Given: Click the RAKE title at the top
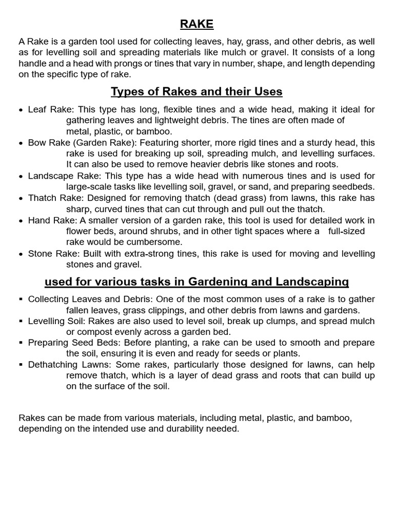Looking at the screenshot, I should pyautogui.click(x=196, y=24).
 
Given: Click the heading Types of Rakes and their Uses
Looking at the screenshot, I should pyautogui.click(x=196, y=92).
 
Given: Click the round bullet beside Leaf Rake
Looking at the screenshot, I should pyautogui.click(x=21, y=110).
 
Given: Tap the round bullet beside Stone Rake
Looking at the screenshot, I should pyautogui.click(x=21, y=254).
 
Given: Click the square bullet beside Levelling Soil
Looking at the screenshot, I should pyautogui.click(x=21, y=321).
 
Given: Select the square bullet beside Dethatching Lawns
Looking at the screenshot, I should pyautogui.click(x=21, y=365).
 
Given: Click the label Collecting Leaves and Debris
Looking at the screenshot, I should pyautogui.click(x=90, y=299).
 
